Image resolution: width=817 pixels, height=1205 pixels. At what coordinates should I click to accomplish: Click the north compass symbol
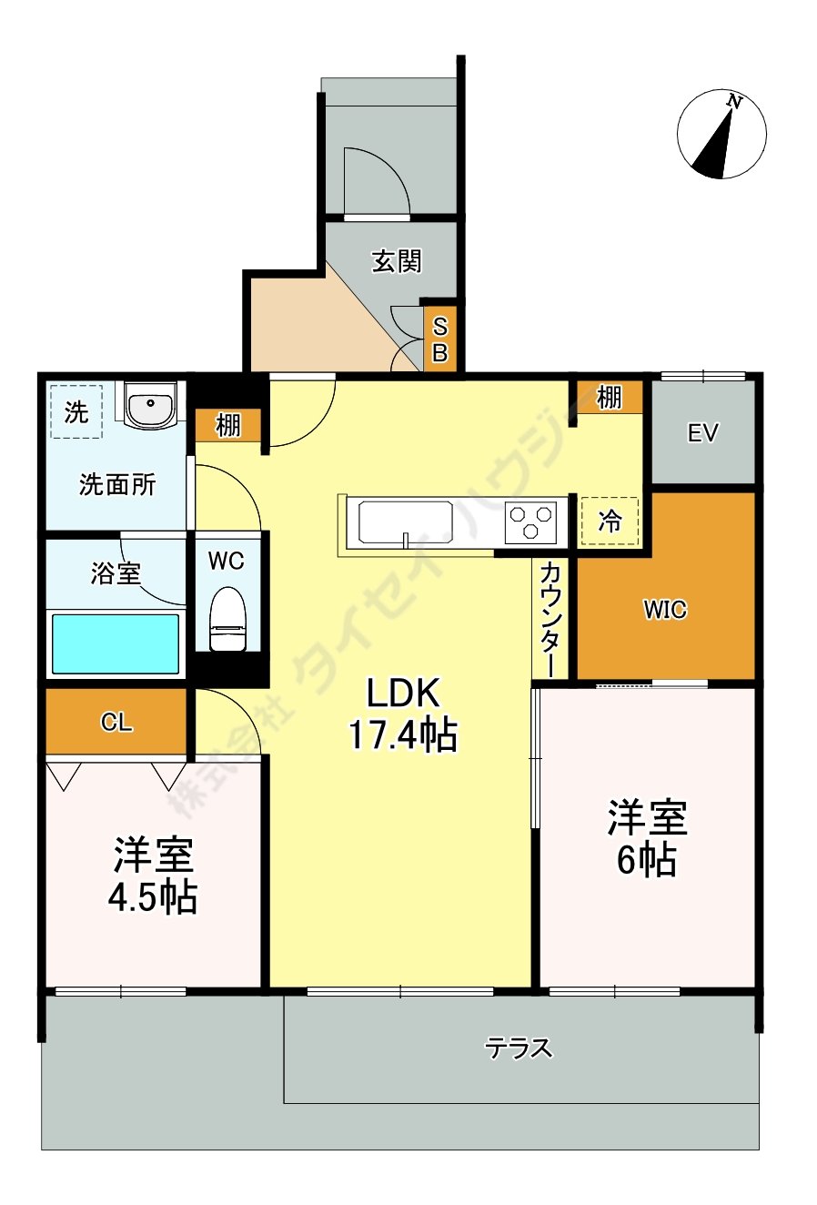(x=721, y=135)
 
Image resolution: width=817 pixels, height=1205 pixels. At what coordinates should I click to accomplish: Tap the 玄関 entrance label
(x=397, y=261)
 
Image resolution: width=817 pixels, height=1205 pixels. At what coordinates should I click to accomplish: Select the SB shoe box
(x=439, y=339)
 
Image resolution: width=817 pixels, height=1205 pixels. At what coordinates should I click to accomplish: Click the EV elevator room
(x=702, y=433)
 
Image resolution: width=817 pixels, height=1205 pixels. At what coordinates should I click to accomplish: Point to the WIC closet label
(x=665, y=610)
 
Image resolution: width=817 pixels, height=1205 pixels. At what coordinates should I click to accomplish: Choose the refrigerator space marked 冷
(x=610, y=521)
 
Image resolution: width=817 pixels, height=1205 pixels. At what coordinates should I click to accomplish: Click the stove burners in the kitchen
(x=531, y=523)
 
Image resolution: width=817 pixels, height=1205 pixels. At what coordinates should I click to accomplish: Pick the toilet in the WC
(x=227, y=619)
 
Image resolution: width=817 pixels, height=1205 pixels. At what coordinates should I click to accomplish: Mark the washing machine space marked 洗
(x=76, y=412)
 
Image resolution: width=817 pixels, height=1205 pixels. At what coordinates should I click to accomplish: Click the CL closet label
(x=116, y=723)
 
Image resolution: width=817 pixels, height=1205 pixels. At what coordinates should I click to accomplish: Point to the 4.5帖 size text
(x=153, y=898)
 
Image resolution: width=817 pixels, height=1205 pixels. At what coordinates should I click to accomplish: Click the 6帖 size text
(x=646, y=859)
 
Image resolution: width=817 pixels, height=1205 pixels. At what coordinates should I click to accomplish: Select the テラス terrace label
(x=519, y=1048)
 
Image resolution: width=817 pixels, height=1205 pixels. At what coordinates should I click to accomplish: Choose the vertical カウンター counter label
(x=550, y=619)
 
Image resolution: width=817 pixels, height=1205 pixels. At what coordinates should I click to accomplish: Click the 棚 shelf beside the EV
(x=609, y=398)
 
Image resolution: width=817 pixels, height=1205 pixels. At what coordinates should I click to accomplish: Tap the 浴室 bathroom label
(x=116, y=573)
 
